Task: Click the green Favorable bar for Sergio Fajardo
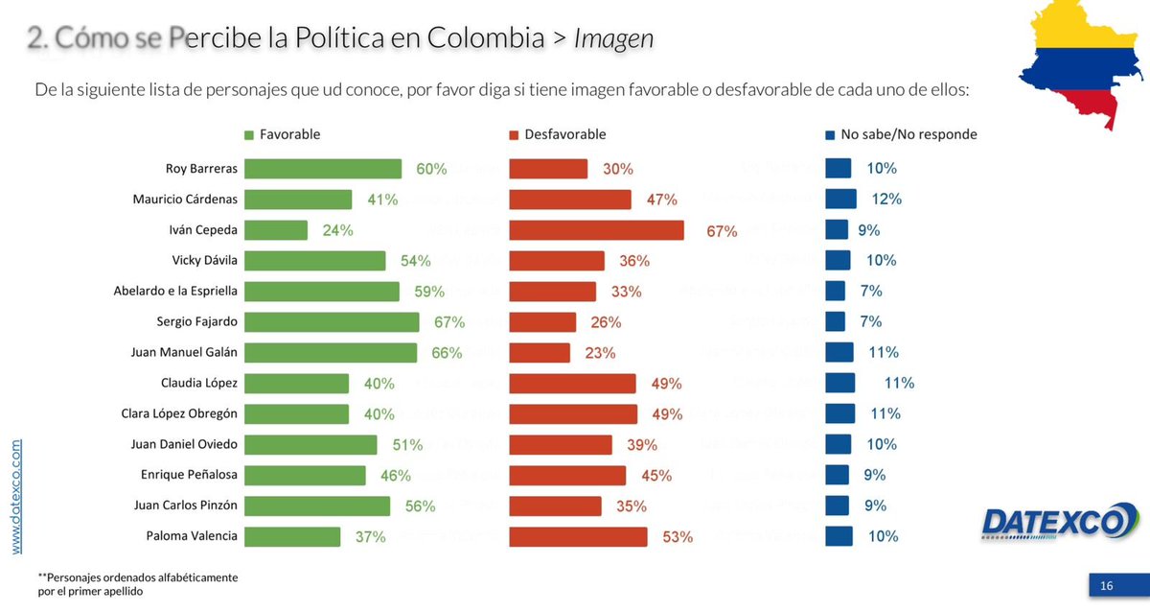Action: click(x=332, y=321)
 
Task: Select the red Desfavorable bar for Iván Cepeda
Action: click(x=596, y=230)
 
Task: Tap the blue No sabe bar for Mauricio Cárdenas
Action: click(x=840, y=199)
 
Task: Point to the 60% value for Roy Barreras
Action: click(x=431, y=169)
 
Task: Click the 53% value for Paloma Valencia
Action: click(x=678, y=537)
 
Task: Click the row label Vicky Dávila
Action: click(x=203, y=260)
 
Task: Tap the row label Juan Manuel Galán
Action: click(x=183, y=352)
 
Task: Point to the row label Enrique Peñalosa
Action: click(x=189, y=475)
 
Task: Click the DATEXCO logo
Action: click(x=1055, y=523)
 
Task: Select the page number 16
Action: click(x=1107, y=585)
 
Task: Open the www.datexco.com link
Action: click(x=17, y=496)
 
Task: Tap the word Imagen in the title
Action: click(x=613, y=39)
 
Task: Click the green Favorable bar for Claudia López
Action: click(x=297, y=384)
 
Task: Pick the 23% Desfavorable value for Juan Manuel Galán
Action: click(x=600, y=353)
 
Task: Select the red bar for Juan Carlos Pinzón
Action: click(x=555, y=506)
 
